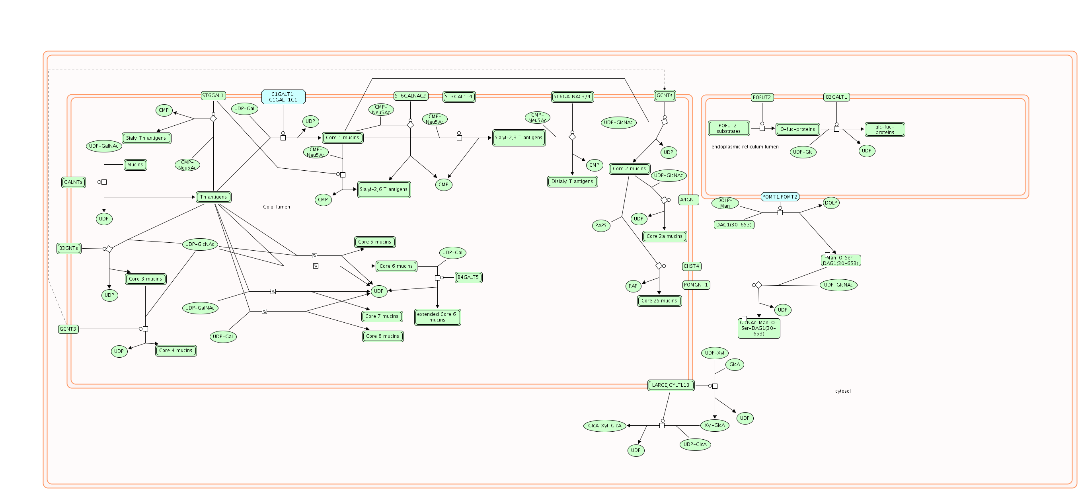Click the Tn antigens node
(x=213, y=197)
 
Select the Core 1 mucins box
(x=342, y=138)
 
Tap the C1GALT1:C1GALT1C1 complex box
(x=283, y=97)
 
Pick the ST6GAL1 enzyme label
(x=213, y=95)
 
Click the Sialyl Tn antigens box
(x=146, y=138)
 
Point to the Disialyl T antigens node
(x=572, y=181)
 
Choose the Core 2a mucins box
(x=664, y=236)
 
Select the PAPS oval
(x=600, y=226)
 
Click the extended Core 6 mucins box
(x=437, y=317)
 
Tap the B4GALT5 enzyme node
(x=468, y=277)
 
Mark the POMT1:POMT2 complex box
(x=780, y=197)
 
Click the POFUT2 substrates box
(x=728, y=128)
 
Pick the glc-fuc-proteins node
(x=884, y=130)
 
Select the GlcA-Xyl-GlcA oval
(x=604, y=426)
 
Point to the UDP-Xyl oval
(x=714, y=353)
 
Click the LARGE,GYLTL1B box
(x=671, y=385)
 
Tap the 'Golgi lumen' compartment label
(x=276, y=207)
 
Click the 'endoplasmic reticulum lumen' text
(x=745, y=147)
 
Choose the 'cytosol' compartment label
(x=843, y=391)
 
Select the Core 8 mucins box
(x=382, y=336)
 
